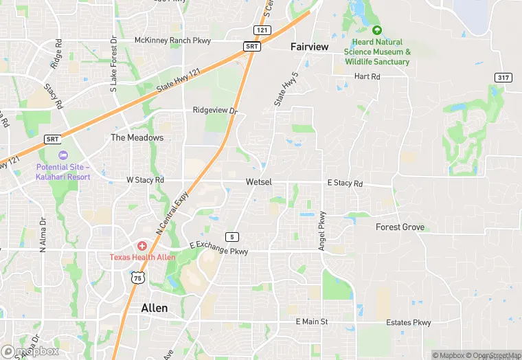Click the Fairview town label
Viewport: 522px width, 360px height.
(x=309, y=47)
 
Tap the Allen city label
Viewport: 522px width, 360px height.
(x=154, y=308)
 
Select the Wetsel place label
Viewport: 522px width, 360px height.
(x=259, y=182)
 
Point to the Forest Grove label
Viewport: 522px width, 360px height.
(x=400, y=227)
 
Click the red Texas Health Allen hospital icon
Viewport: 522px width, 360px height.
(x=142, y=245)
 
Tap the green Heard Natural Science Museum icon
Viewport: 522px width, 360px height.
(x=376, y=30)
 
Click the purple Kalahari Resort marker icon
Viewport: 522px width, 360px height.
(x=63, y=155)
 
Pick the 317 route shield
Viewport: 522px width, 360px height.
(x=503, y=77)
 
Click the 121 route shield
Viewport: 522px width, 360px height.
(x=260, y=30)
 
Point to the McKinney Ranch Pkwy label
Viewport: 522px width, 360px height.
(x=172, y=41)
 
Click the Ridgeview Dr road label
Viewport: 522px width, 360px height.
(x=215, y=110)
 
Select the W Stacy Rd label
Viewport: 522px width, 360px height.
(x=146, y=180)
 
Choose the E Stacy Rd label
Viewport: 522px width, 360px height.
(x=345, y=183)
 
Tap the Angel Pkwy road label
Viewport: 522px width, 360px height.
(x=321, y=229)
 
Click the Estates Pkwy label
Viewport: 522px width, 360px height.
(x=408, y=322)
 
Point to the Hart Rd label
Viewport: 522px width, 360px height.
(x=367, y=76)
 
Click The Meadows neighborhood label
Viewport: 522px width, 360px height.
(x=137, y=137)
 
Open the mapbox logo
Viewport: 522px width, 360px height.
(x=30, y=351)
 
